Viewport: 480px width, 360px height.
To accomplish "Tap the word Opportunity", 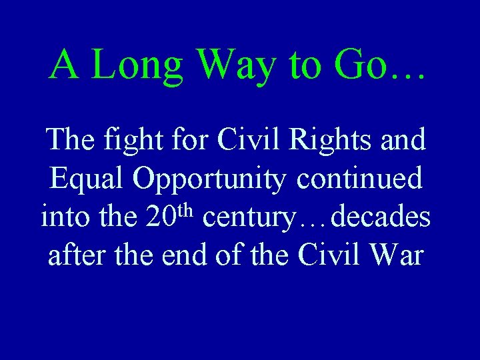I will coord(210,180).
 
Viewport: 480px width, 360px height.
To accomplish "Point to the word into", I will coord(62,217).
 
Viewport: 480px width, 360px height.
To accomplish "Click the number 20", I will coord(160,217).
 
